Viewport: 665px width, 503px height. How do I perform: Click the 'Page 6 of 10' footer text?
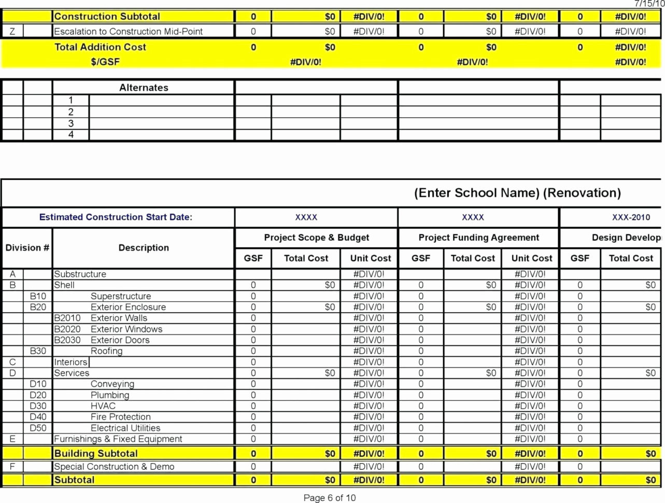330,498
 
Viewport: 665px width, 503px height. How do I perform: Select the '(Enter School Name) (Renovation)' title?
517,193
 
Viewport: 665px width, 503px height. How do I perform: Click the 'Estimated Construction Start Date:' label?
116,217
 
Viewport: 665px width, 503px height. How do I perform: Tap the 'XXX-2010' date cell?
631,217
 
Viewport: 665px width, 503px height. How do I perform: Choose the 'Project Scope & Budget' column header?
316,237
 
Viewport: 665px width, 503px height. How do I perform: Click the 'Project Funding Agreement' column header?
478,237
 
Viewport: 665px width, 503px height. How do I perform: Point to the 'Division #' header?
27,248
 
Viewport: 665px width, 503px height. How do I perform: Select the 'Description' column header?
144,248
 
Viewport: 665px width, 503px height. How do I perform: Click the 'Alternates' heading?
144,88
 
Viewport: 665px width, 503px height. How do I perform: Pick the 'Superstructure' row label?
121,296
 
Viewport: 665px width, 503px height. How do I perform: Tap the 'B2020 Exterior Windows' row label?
108,329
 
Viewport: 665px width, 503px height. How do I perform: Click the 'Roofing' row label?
106,351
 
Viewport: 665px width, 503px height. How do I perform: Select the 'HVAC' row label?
103,406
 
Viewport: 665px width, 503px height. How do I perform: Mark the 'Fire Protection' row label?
120,417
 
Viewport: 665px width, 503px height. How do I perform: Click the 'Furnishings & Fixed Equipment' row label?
118,439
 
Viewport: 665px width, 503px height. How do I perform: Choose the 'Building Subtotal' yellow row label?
96,454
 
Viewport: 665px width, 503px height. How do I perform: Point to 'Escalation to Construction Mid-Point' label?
128,32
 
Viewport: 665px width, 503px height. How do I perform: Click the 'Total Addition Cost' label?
100,47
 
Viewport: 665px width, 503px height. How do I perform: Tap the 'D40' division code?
38,417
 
